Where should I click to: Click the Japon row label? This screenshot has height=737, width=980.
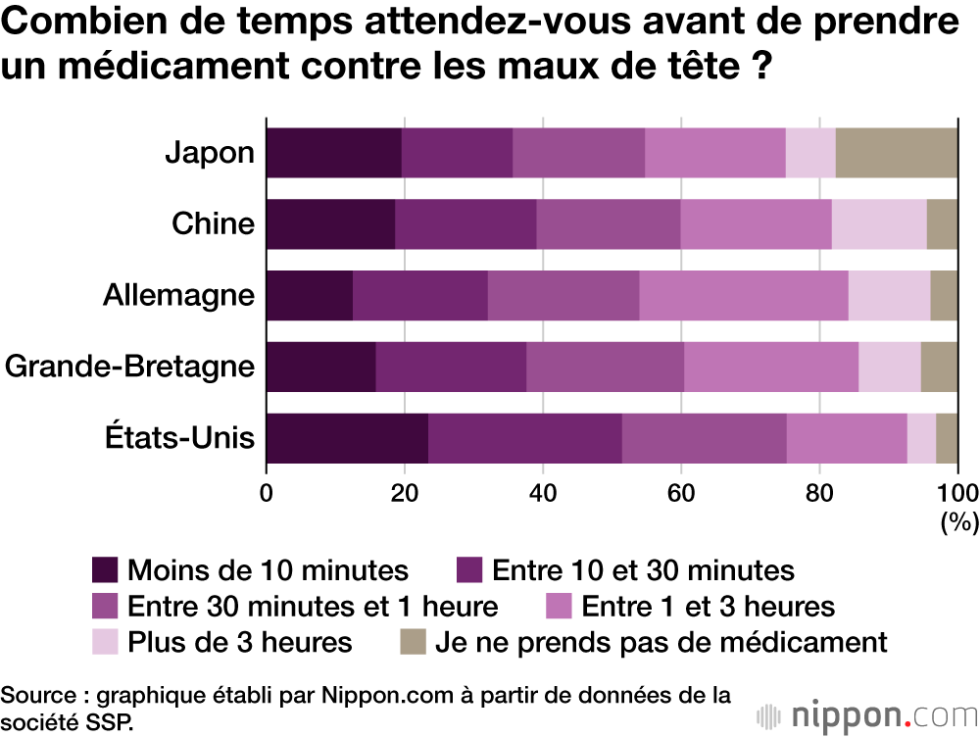[x=210, y=153]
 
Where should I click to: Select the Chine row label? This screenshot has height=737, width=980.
[x=213, y=224]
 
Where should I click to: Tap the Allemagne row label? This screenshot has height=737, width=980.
[x=178, y=295]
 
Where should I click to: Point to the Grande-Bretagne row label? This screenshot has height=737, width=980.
[x=129, y=367]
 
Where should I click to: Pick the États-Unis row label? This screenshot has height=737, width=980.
[x=179, y=438]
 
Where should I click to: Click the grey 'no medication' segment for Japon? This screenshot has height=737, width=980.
[x=896, y=153]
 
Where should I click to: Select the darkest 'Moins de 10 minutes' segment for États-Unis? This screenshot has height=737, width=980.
[x=347, y=438]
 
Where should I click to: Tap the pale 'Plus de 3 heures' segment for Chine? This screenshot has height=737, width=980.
[x=879, y=224]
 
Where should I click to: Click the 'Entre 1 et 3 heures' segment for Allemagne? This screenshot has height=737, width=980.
[x=744, y=295]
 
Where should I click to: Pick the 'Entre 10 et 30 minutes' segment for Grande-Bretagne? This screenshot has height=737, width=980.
[x=451, y=367]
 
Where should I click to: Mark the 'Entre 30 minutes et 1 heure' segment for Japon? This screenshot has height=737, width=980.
[x=578, y=153]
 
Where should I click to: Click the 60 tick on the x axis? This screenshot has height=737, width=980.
[x=680, y=493]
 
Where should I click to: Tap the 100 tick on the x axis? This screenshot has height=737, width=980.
[x=957, y=493]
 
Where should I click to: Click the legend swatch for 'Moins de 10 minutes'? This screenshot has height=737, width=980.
[x=105, y=570]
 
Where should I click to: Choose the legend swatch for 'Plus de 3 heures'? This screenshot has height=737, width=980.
[x=105, y=643]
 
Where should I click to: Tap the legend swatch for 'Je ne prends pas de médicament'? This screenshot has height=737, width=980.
[x=412, y=643]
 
